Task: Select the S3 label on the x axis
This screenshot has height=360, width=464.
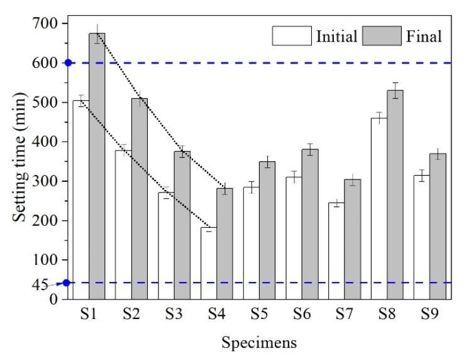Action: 174,313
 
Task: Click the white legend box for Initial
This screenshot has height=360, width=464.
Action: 292,36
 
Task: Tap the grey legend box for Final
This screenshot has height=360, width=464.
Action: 377,36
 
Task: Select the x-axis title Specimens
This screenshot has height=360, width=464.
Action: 258,344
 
